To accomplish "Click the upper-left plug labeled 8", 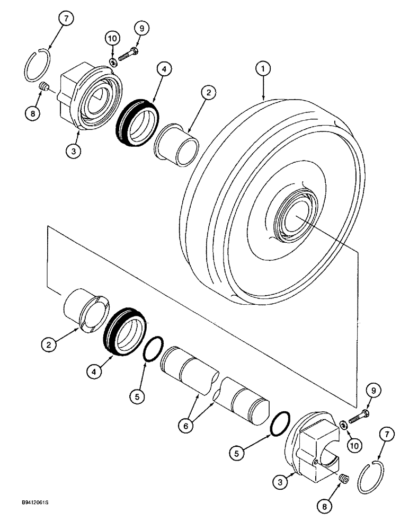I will (45, 87).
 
